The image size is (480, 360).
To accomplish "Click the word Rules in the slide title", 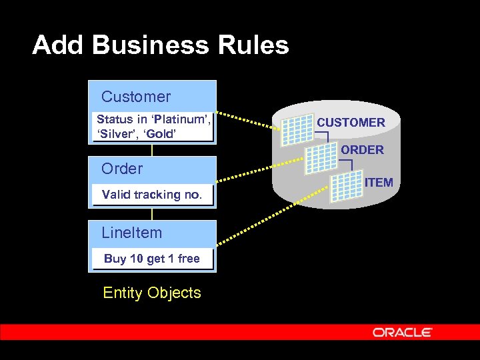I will pos(254,45).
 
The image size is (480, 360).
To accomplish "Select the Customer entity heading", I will pos(136,97).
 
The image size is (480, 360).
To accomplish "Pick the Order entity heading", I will pos(122,169).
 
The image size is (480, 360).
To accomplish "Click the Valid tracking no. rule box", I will pos(152,195).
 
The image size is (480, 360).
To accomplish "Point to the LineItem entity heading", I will pos(132,233).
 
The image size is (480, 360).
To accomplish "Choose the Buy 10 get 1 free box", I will pos(152,259).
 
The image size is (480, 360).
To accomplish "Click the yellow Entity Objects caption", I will pos(152,293).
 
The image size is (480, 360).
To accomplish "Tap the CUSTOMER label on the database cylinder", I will pos(351,123).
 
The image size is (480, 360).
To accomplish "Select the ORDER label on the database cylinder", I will pos(362,150).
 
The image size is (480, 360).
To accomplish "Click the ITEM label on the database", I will pos(379,182).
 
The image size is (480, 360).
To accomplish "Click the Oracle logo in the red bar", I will pos(403,332).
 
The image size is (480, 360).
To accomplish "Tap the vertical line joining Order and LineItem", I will pos(152,214).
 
